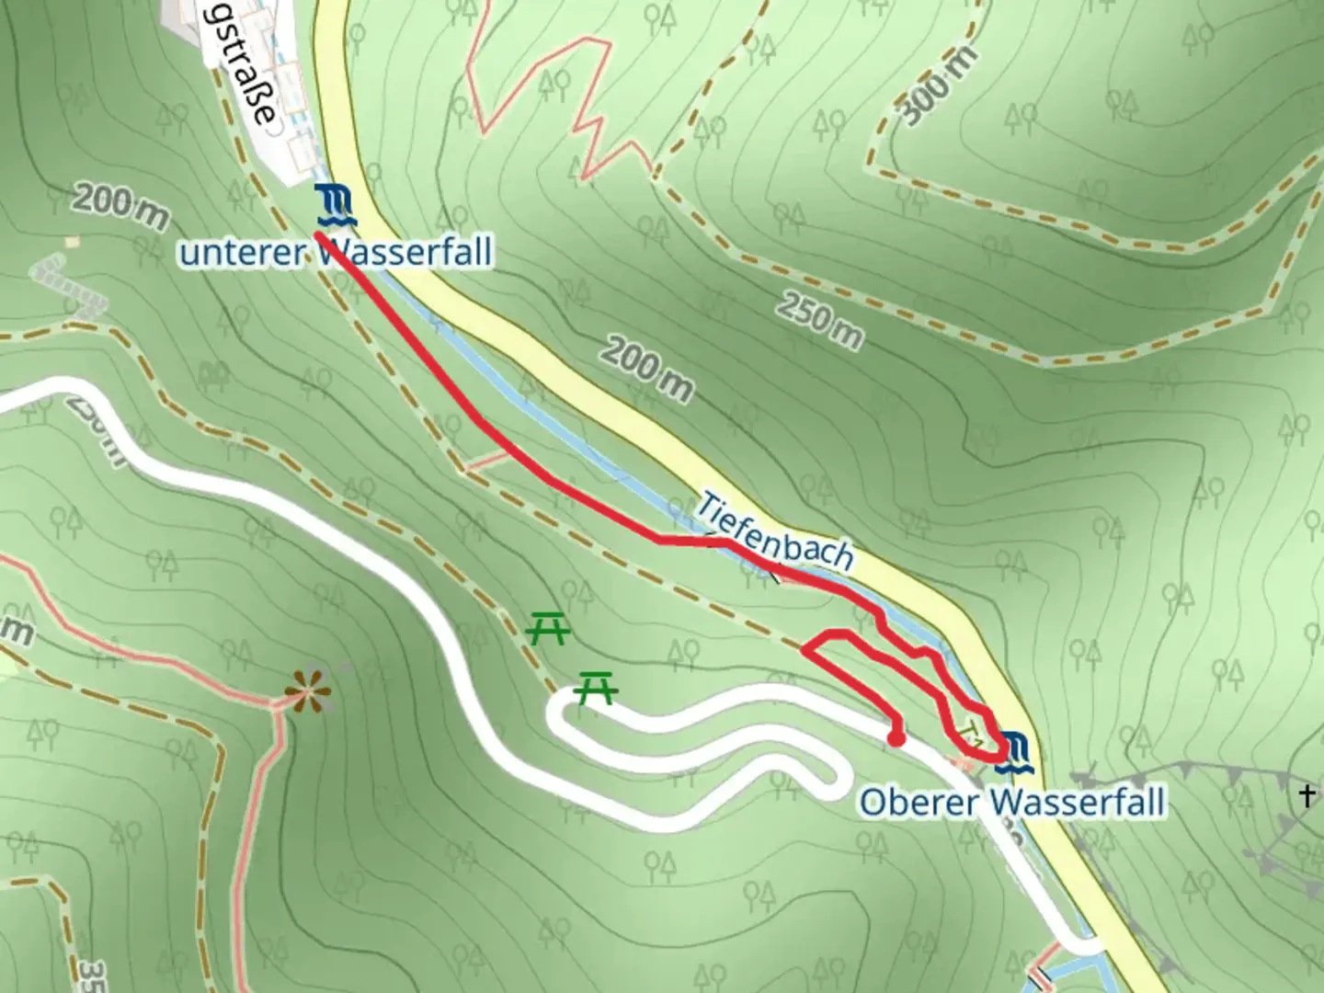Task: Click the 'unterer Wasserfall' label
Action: click(336, 251)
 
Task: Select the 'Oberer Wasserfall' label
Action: click(1011, 801)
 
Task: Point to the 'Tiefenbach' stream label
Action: click(775, 531)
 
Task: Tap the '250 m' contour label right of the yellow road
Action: click(820, 321)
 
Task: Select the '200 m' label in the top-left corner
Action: click(120, 207)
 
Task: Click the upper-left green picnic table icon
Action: click(548, 630)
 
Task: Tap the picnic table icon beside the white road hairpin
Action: click(596, 687)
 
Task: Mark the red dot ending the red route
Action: click(896, 737)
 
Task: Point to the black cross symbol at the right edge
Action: click(1307, 795)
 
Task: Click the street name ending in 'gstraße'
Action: click(239, 69)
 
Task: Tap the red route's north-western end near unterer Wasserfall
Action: click(317, 235)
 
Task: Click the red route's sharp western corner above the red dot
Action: click(805, 650)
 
